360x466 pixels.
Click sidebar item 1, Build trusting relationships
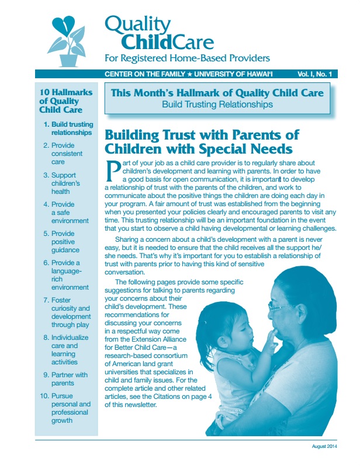(x=71, y=128)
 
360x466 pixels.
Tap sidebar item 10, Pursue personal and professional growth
(x=70, y=408)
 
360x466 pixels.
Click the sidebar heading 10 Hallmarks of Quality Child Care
(x=61, y=101)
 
